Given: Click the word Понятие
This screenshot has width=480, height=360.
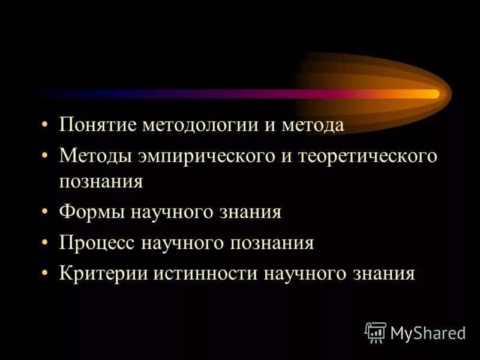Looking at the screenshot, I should [98, 125].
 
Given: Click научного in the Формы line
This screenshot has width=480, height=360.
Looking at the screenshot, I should [178, 212].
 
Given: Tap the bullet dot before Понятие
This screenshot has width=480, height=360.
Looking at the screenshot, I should [46, 126].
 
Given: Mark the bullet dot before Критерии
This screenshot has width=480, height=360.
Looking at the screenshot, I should [46, 274].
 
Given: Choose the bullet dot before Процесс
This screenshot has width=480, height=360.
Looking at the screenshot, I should [46, 243].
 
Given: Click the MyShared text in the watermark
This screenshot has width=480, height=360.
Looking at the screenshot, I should [428, 333].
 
